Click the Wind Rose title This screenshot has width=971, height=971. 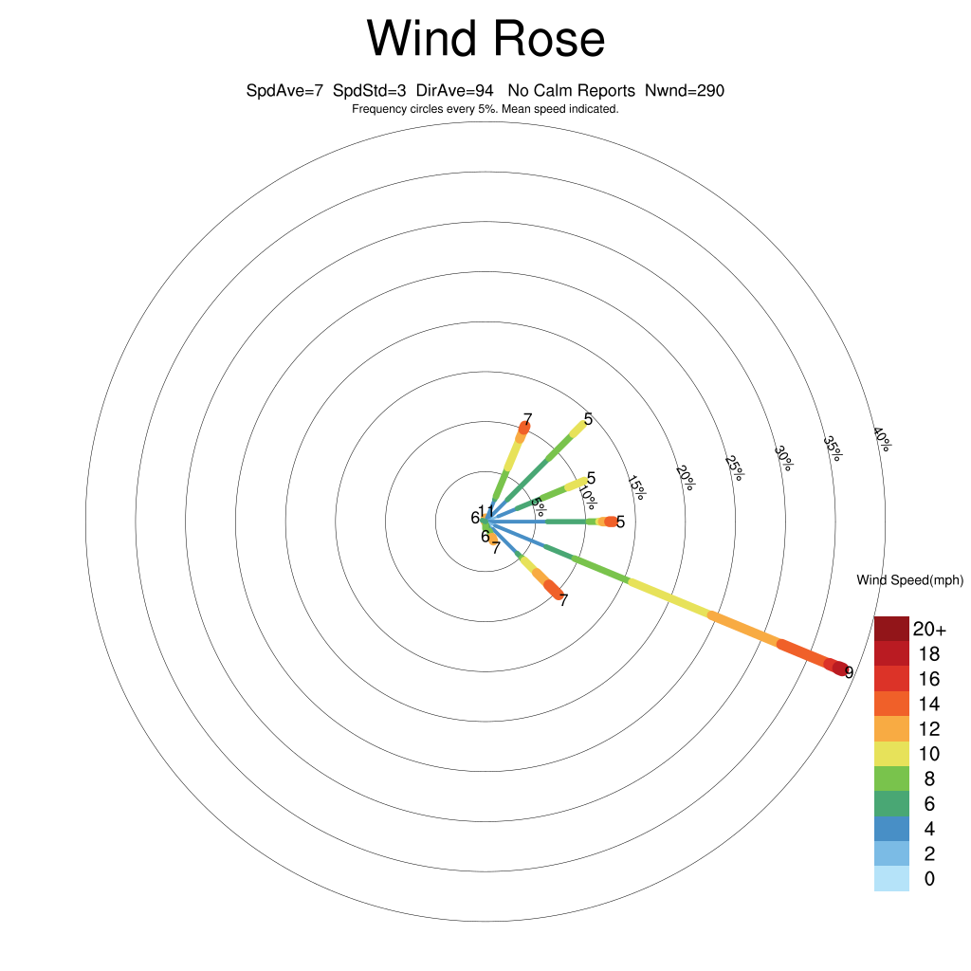(x=485, y=38)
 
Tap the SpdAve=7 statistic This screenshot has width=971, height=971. (x=284, y=91)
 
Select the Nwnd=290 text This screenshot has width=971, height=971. (x=685, y=91)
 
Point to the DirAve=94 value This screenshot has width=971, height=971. (x=454, y=91)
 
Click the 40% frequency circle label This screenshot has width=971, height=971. (x=883, y=439)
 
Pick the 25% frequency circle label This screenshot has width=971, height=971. (x=735, y=468)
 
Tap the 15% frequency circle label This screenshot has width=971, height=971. (x=636, y=487)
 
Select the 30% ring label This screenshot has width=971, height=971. (x=784, y=458)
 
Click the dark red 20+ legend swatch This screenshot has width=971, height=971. (x=891, y=629)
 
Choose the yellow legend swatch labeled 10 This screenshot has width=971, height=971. (x=891, y=754)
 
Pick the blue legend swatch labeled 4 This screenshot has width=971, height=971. (x=891, y=829)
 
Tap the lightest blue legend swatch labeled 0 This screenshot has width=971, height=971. (x=891, y=879)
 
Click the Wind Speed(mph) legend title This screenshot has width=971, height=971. (x=909, y=580)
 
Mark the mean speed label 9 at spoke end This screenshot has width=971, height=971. (x=849, y=672)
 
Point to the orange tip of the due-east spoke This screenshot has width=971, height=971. (x=611, y=522)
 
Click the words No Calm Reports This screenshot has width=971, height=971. (x=571, y=91)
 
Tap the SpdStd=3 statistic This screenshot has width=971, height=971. (x=369, y=91)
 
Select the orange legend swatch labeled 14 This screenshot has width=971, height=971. (x=891, y=704)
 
